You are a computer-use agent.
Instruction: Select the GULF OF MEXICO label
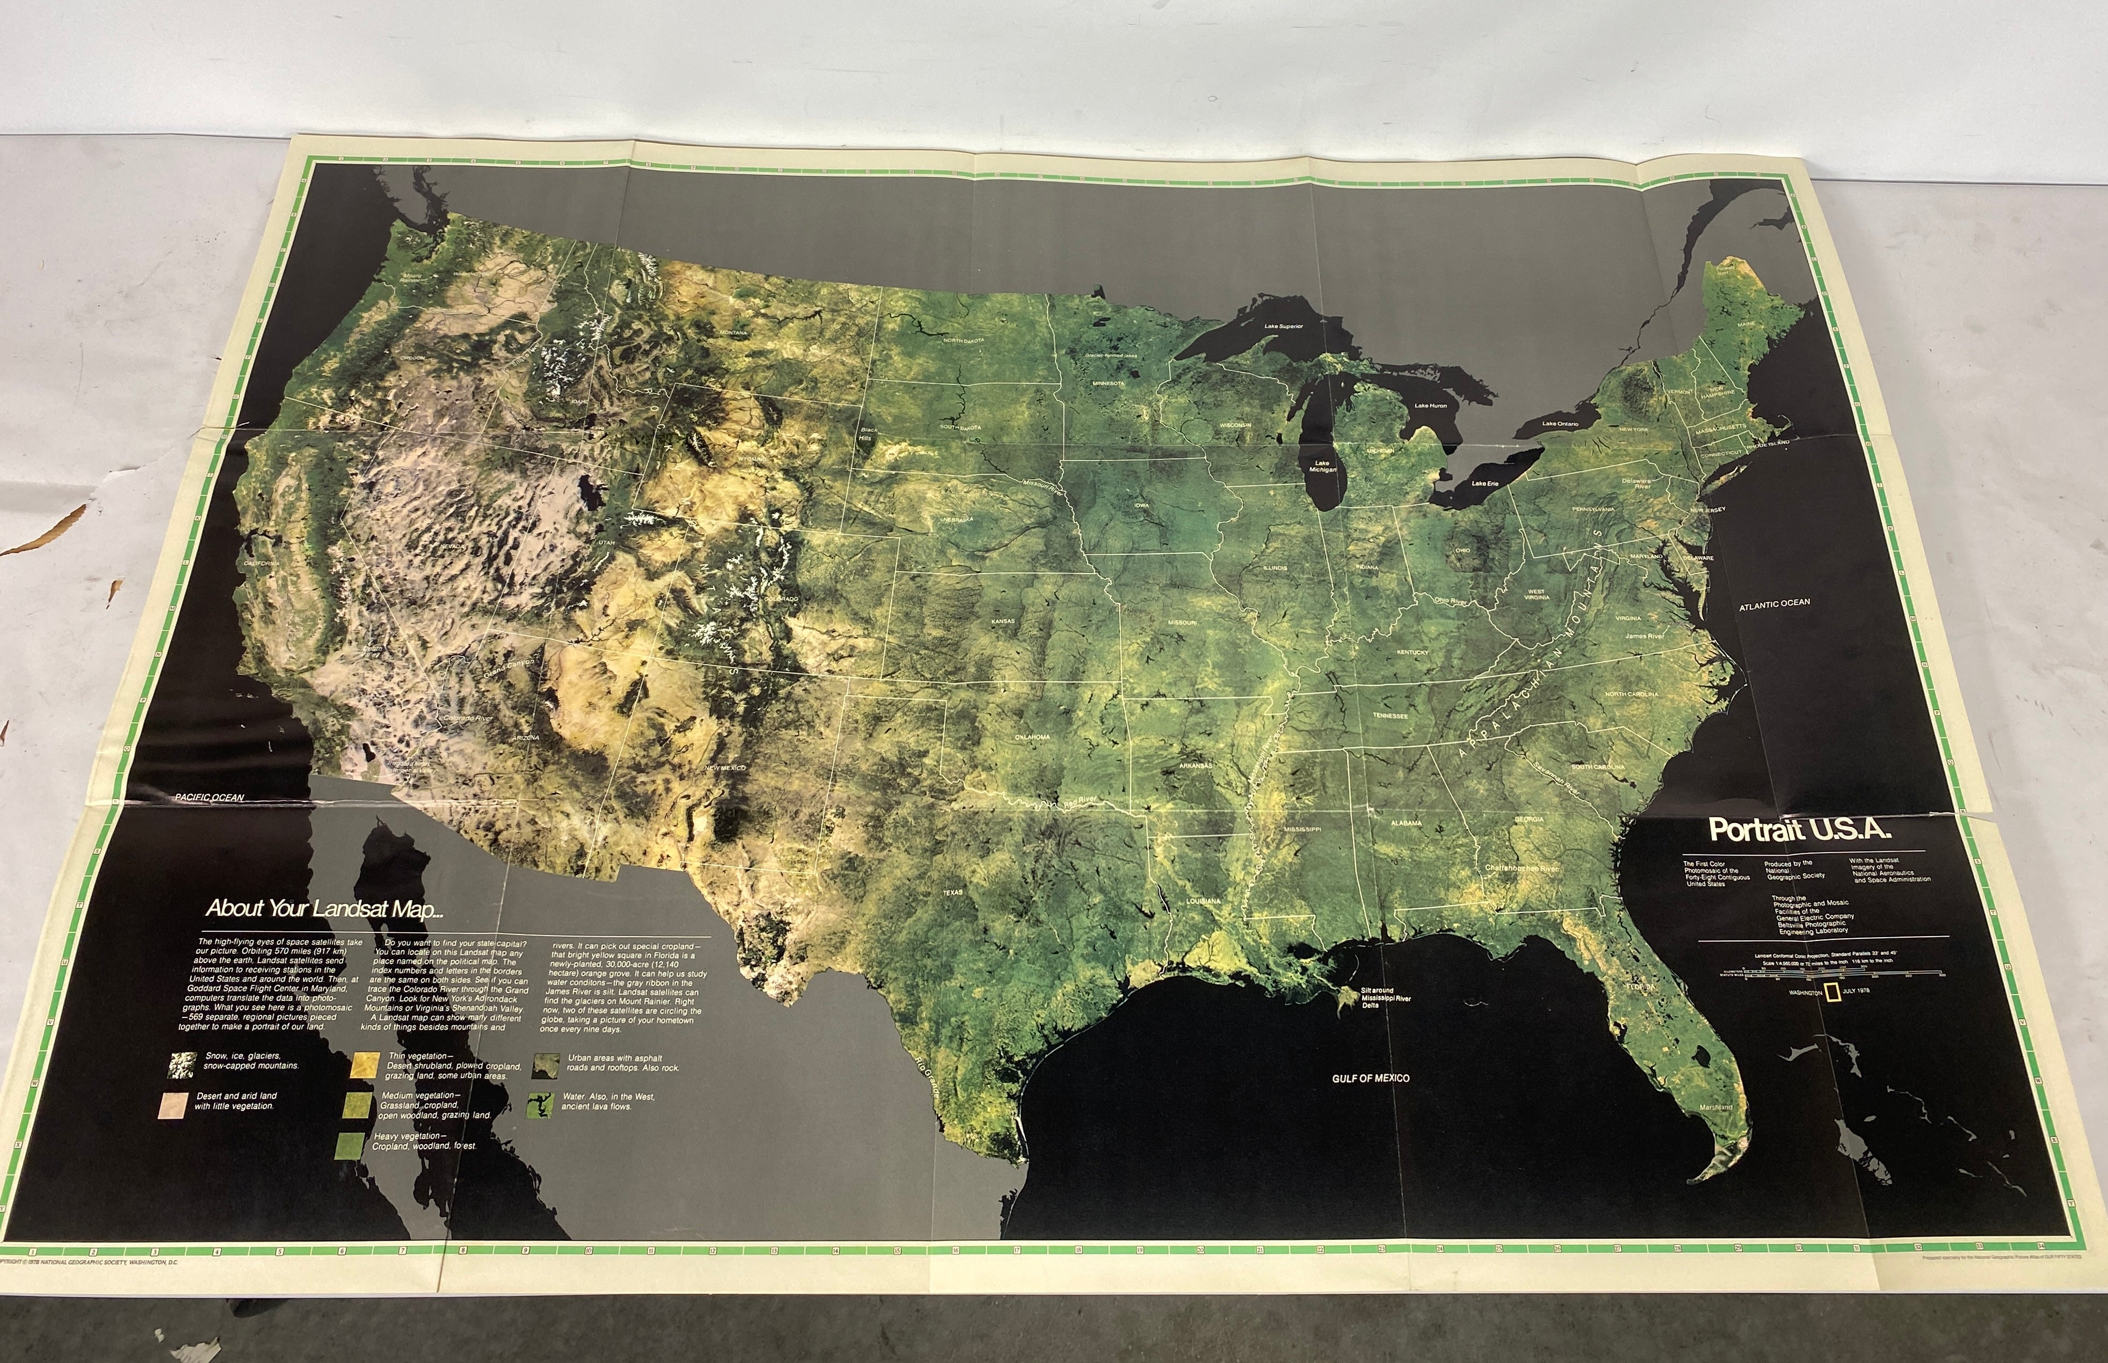click(1371, 1078)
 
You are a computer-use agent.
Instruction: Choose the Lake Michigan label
click(1323, 467)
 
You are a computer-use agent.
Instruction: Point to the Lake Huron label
click(1430, 406)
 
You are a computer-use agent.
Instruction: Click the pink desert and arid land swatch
click(173, 1105)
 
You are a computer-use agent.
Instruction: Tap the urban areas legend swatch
click(544, 1065)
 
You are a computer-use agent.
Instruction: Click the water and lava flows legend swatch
click(539, 1105)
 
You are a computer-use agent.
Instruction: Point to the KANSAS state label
click(1003, 621)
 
